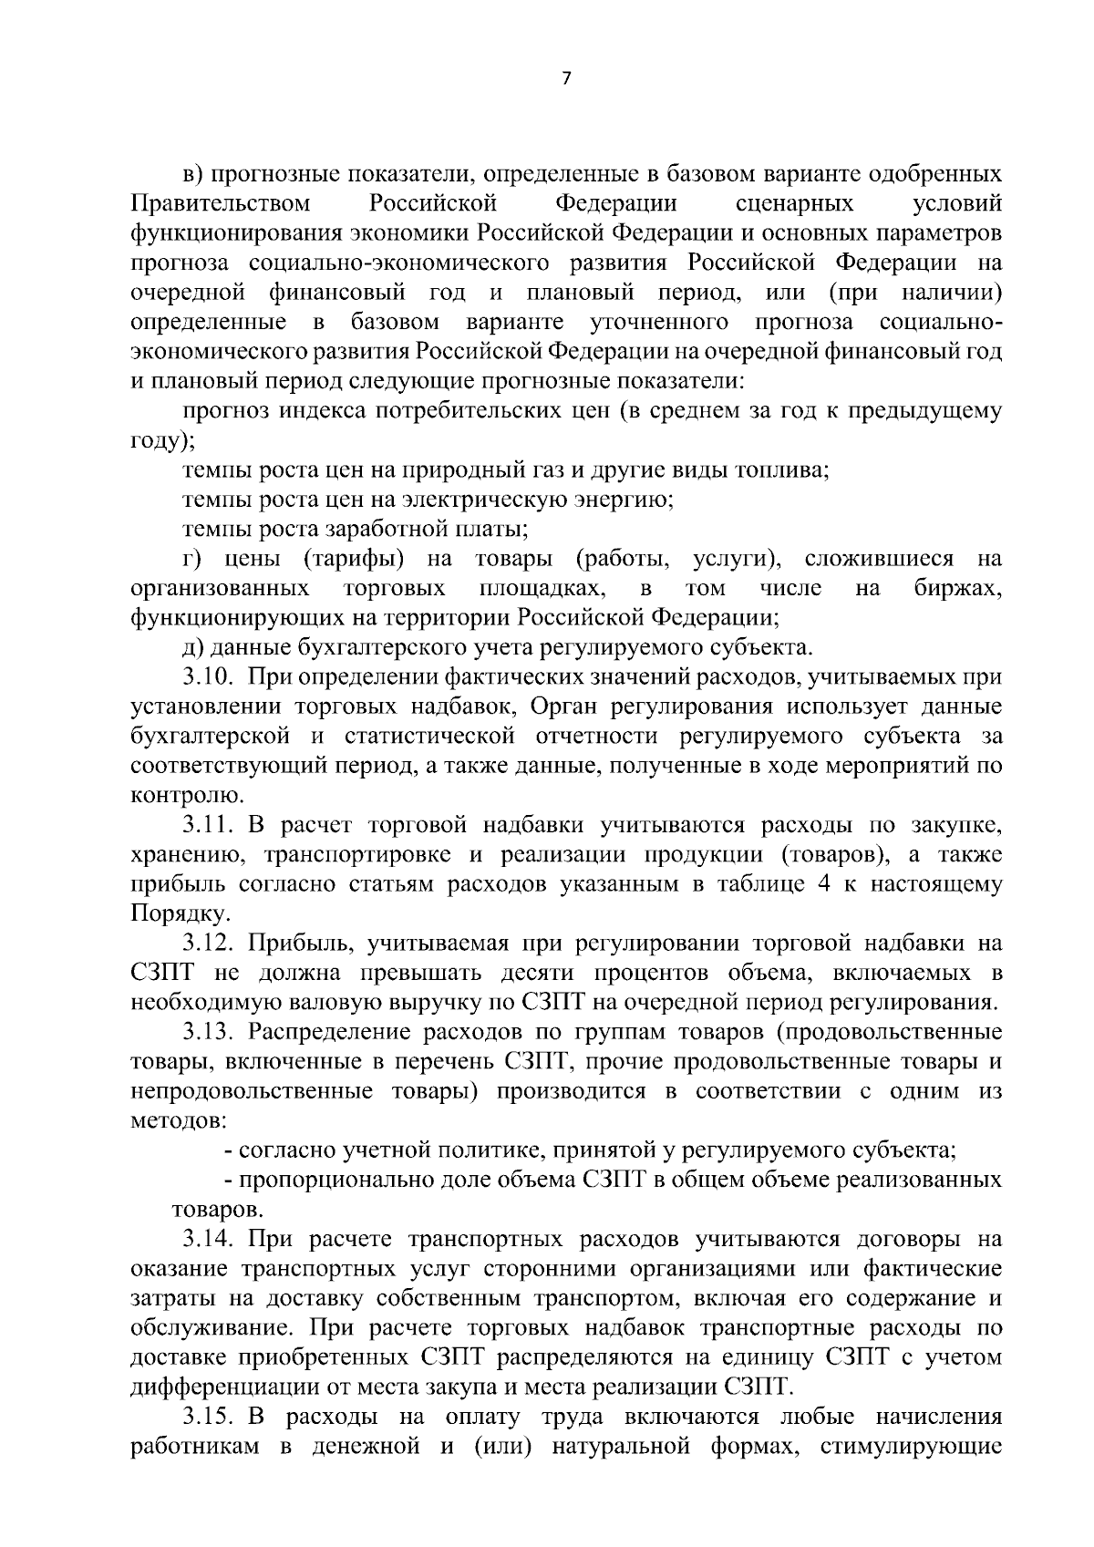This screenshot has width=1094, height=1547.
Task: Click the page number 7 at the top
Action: (565, 78)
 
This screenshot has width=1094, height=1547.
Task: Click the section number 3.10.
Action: (209, 677)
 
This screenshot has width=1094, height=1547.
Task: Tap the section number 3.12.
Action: (209, 944)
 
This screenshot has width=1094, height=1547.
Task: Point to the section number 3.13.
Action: (209, 1032)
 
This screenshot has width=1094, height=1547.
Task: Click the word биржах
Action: (957, 589)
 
